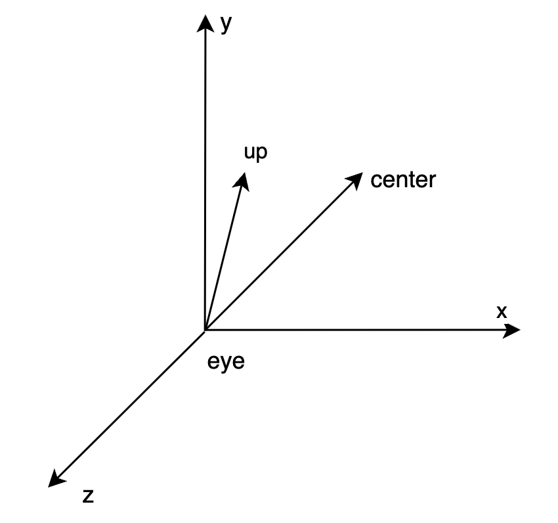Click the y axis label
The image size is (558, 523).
pyautogui.click(x=226, y=24)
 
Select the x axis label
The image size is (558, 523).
pyautogui.click(x=502, y=312)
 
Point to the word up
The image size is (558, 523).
pyautogui.click(x=256, y=152)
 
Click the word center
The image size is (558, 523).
pyautogui.click(x=402, y=179)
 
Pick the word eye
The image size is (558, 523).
pyautogui.click(x=226, y=361)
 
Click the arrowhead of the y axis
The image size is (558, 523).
pyautogui.click(x=206, y=23)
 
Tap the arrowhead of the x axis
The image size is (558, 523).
pyautogui.click(x=512, y=330)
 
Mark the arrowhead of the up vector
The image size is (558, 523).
pyautogui.click(x=244, y=181)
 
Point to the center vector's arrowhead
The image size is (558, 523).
pyautogui.click(x=354, y=179)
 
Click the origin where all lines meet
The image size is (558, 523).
pyautogui.click(x=205, y=330)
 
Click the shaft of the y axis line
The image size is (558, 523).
pyautogui.click(x=206, y=177)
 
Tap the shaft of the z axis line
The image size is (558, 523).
pyautogui.click(x=131, y=404)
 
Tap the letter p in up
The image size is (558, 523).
pyautogui.click(x=262, y=154)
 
